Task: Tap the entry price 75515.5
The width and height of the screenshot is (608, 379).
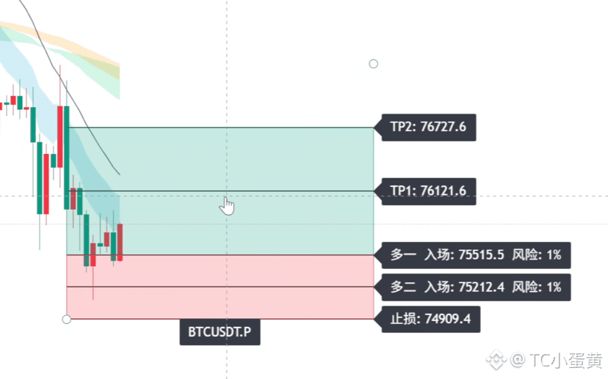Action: [481, 254]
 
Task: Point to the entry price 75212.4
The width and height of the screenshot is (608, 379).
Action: [481, 287]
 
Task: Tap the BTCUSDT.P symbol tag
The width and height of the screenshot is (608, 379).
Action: [220, 332]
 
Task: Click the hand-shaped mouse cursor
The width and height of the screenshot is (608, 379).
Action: [227, 205]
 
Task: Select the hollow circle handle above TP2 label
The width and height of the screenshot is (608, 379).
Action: [374, 64]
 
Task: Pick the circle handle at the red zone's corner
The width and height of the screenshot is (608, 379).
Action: [66, 320]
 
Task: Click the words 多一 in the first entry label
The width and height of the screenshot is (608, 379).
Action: [403, 254]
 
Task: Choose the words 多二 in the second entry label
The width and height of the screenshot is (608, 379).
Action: [403, 287]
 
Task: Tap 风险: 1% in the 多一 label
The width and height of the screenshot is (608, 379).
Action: [536, 254]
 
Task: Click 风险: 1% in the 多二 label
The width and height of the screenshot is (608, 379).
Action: [536, 287]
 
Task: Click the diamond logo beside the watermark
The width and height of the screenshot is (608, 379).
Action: [496, 360]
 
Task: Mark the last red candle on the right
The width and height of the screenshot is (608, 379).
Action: [120, 242]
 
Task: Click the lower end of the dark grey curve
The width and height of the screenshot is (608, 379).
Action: [120, 174]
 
